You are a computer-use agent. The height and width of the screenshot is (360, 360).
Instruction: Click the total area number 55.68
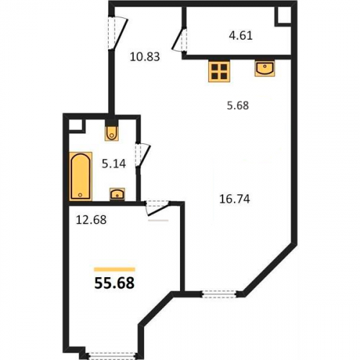(114, 283)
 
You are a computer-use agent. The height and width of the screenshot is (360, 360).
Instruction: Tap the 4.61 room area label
(240, 35)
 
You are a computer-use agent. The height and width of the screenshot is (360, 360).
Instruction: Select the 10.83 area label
(145, 57)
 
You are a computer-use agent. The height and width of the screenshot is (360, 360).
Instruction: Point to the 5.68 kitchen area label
(238, 105)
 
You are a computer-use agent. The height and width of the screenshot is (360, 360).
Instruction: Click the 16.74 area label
(235, 199)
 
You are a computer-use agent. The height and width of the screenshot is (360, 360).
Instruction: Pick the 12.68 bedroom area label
(91, 220)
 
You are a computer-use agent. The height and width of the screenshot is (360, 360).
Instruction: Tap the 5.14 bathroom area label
(114, 164)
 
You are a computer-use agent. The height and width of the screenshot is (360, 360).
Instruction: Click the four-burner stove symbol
(219, 71)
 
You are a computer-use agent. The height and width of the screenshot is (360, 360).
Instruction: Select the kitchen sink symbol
(265, 69)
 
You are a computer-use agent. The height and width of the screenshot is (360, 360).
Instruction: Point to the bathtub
(81, 176)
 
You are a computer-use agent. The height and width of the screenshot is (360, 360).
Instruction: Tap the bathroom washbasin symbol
(117, 194)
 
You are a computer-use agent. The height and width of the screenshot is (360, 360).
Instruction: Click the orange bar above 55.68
(114, 269)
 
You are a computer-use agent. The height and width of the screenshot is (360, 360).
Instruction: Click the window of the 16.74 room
(219, 294)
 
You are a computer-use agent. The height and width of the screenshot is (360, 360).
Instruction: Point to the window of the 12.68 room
(112, 356)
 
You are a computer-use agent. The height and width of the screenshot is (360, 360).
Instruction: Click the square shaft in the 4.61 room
(283, 16)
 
